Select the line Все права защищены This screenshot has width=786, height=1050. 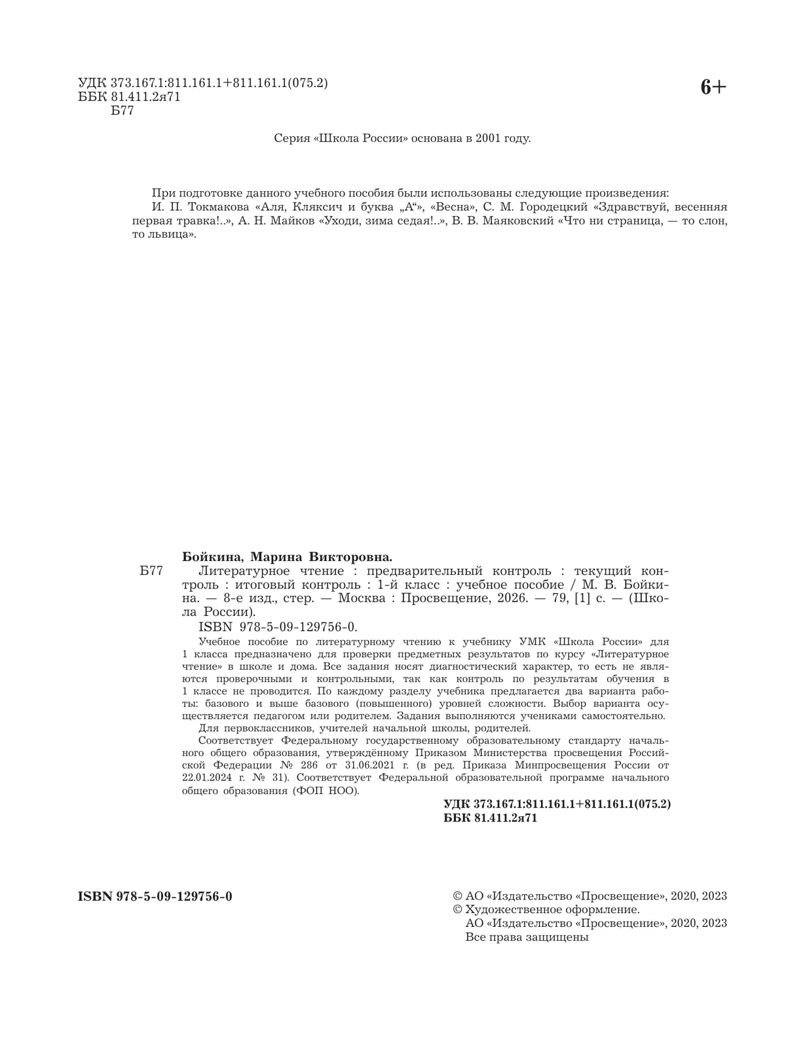[527, 937]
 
